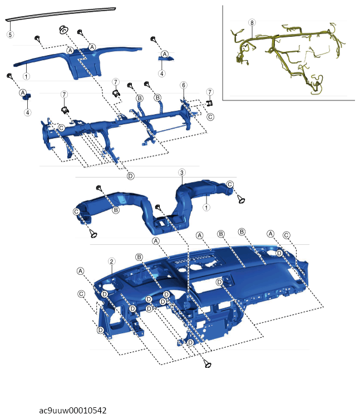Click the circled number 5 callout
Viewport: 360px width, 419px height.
click(10, 34)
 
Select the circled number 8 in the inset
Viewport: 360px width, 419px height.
click(251, 23)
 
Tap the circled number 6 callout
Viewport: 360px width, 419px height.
click(184, 85)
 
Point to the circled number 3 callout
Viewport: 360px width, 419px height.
click(182, 172)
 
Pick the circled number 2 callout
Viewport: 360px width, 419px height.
click(111, 262)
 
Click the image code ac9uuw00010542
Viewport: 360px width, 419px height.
click(73, 410)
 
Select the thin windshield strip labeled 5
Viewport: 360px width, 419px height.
click(61, 13)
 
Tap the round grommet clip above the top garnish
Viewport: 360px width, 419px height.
click(63, 29)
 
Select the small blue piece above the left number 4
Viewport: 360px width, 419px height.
click(27, 96)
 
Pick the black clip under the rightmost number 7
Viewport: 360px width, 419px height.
click(210, 103)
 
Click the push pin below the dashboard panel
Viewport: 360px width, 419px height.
click(207, 363)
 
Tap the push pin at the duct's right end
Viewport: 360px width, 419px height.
click(241, 199)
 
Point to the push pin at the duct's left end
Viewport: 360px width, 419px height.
click(93, 234)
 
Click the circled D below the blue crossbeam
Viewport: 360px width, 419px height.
click(130, 176)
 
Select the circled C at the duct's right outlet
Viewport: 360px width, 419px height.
click(230, 184)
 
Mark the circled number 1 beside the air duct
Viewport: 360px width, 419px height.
click(206, 208)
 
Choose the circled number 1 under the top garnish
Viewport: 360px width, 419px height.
click(26, 76)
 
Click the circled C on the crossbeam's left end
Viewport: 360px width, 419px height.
click(61, 128)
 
